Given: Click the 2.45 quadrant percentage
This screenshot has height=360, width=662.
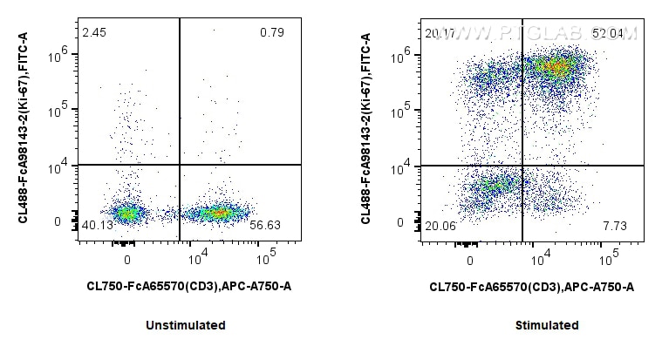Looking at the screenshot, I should tap(92, 33).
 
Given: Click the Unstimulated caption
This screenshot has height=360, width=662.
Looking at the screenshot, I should tap(188, 325).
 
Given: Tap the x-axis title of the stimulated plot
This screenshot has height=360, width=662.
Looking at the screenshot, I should tap(532, 286).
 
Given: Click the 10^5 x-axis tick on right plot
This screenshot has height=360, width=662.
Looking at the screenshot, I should tap(610, 258).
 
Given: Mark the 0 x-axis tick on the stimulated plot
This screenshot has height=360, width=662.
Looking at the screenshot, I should tap(470, 258).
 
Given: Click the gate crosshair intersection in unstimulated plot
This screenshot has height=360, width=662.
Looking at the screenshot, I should tap(180, 165).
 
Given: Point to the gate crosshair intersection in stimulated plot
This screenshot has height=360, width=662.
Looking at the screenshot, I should tap(522, 165).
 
